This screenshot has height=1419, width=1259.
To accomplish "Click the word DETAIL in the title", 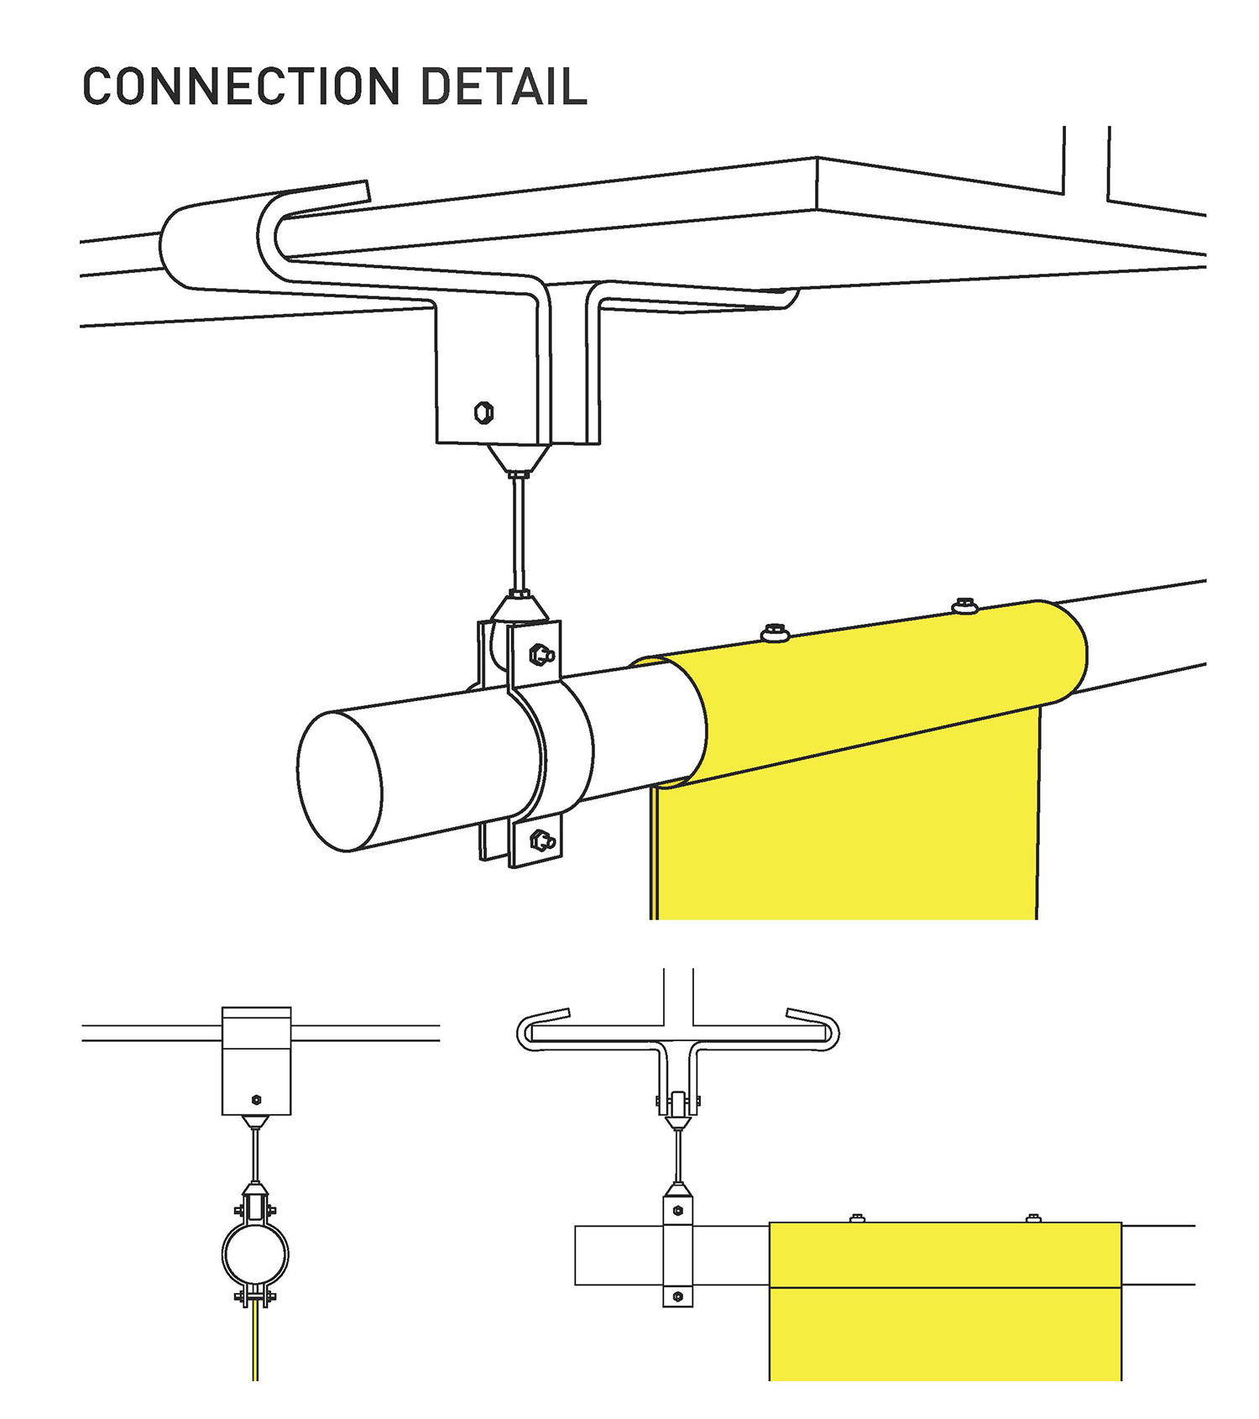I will coord(503,86).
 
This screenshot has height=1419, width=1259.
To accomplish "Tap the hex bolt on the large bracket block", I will coord(483,412).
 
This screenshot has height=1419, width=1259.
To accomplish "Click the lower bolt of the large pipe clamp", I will coord(541,839).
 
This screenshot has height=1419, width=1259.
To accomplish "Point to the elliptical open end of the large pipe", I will coord(340,782).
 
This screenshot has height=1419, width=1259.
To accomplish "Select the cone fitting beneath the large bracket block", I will coord(519,458).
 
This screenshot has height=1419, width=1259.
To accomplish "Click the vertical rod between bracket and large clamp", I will coord(519,533).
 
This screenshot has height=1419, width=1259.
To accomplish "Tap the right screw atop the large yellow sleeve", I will coord(964,605).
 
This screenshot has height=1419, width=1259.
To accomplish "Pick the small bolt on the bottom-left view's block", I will coord(256,1100).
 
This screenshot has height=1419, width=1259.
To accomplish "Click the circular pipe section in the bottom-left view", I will coord(255,1254).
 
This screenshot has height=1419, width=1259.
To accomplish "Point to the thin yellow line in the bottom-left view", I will coord(255,1343).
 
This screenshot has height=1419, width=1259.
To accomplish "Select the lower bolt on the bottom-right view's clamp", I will coord(678,1297).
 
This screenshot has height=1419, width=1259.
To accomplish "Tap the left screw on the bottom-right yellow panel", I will coord(857,1217).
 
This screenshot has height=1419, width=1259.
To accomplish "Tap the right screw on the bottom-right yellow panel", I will coord(1034,1217).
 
